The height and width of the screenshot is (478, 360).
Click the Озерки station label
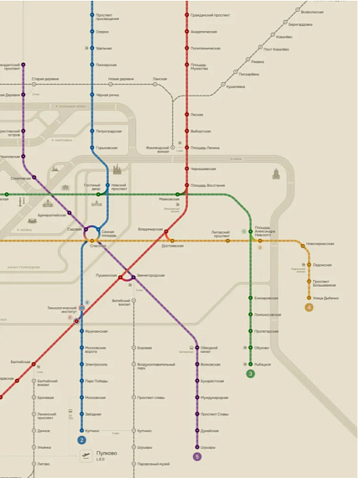tap(102, 32)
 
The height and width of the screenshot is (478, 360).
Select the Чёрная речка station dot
tap(92, 96)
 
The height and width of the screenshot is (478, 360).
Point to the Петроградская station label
tap(110, 131)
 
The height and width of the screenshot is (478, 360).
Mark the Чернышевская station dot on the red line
tap(186, 169)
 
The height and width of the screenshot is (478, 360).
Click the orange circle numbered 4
tap(310, 307)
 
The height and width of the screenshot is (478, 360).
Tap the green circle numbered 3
tap(250, 374)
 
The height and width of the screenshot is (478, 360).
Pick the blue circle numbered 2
tap(82, 439)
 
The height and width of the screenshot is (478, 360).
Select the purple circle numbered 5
tap(197, 457)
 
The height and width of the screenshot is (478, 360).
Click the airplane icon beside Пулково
tap(86, 455)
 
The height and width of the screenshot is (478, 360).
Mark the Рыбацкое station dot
tap(250, 363)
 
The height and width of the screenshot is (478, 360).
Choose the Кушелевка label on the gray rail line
tap(236, 86)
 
